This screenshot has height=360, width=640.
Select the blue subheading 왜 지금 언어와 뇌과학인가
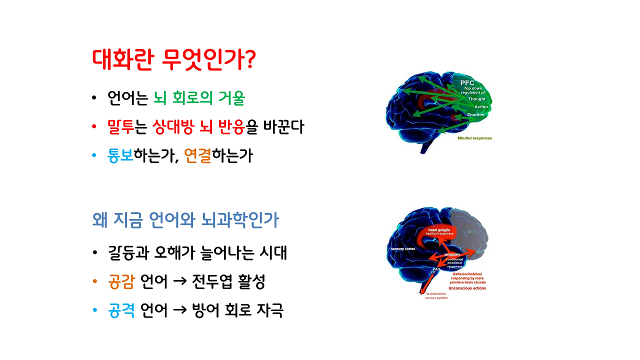185,220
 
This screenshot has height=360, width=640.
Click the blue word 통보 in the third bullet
120,155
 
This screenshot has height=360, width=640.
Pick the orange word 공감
121,282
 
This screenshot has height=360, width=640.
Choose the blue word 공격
121,310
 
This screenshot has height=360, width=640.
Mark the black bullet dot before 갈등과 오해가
94,253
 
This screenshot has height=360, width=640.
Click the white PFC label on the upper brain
467,82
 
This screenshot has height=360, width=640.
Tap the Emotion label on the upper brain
475,115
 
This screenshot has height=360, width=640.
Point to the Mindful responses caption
474,138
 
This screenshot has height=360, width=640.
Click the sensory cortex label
403,248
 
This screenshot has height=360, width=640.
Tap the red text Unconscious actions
467,288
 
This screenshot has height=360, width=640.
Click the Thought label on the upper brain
476,99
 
